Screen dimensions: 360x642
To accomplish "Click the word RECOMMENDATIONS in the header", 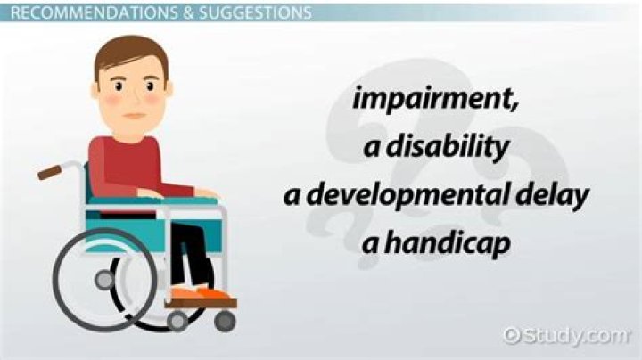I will (79, 13).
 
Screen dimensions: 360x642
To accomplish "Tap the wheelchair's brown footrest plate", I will (201, 303).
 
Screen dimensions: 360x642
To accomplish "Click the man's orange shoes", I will (200, 291).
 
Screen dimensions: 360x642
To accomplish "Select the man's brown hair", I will (130, 53).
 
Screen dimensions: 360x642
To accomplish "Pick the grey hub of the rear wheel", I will (104, 280).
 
